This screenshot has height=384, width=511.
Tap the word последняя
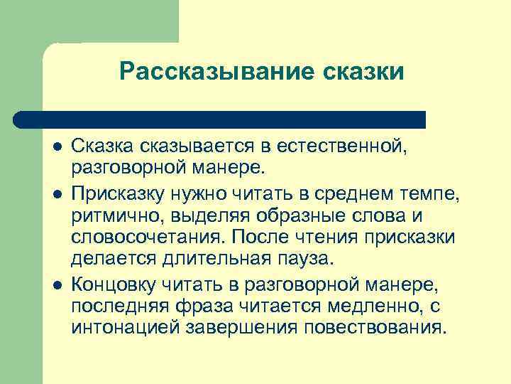(123, 306)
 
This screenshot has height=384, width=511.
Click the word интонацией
(123, 329)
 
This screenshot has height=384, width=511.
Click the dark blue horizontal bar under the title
(220, 119)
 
